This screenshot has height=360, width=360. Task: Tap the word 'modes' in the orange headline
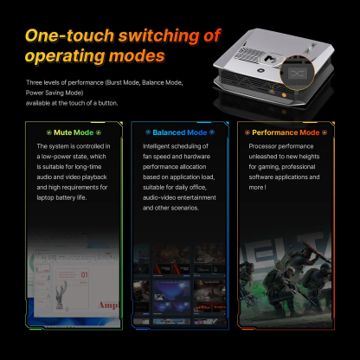pos(130,56)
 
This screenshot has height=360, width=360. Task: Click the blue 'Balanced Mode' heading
pos(180,132)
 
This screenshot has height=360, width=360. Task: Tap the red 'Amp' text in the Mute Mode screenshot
pos(107,305)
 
